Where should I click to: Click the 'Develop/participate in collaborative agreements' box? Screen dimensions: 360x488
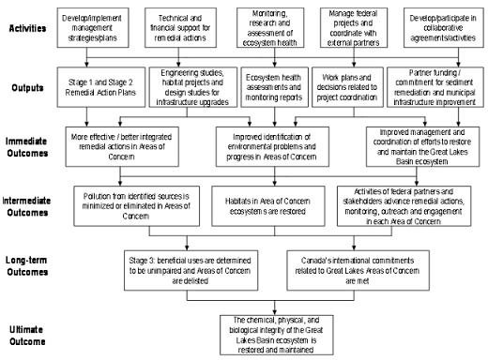pyautogui.click(x=435, y=26)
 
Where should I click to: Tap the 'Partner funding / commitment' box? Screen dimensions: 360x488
pyautogui.click(x=433, y=82)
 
